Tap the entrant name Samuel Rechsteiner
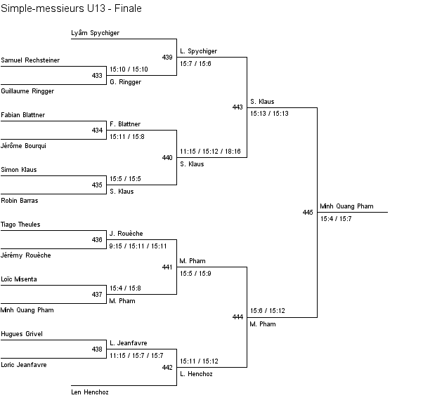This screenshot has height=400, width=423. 30,60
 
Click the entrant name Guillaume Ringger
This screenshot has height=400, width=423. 27,91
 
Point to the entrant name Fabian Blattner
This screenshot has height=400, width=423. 23,115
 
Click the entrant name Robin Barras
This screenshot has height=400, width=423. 20,201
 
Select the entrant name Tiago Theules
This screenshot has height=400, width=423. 20,225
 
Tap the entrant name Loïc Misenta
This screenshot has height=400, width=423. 19,279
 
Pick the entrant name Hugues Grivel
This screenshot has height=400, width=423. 22,334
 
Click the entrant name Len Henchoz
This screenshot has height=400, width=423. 90,392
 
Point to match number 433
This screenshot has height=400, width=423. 97,76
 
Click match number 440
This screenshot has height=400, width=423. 167,158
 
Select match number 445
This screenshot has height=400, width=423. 308,213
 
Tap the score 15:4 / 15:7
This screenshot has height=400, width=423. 336,219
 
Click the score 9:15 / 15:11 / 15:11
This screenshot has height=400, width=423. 138,246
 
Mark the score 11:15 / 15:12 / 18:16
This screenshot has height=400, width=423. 210,151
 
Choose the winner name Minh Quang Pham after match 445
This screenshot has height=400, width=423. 346,206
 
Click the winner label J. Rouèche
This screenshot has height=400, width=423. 126,234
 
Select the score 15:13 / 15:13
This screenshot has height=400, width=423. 269,114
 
